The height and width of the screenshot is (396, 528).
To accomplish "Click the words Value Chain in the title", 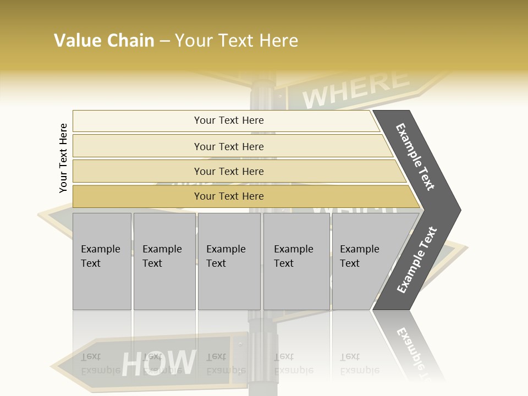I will pos(104,41).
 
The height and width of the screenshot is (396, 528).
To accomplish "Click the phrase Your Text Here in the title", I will pos(237,41).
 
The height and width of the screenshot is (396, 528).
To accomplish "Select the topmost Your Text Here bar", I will pos(229,120).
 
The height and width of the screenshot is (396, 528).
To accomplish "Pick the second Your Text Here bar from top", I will pos(229,146).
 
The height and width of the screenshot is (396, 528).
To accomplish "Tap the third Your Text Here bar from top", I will pos(229,171).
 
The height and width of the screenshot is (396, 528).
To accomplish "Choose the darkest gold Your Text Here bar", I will pos(229,196).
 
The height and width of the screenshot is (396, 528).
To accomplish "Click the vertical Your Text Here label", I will pos(63,158).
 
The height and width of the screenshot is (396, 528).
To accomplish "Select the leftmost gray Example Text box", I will pos(102,261).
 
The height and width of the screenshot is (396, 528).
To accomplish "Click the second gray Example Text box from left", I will pos(164,261).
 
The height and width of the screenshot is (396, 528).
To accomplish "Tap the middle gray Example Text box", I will pos(229,261).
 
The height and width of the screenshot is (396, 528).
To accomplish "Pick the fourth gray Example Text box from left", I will pos(296,261).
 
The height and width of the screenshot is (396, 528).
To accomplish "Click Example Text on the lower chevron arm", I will pos(416,261).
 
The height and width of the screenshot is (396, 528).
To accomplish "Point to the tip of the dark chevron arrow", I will pos(459,210).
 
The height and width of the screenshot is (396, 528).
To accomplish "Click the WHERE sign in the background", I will pos(356,88).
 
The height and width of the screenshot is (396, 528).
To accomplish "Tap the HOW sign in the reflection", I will pos(158,363).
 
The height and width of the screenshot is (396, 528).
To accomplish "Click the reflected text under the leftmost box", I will pos(100,364).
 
